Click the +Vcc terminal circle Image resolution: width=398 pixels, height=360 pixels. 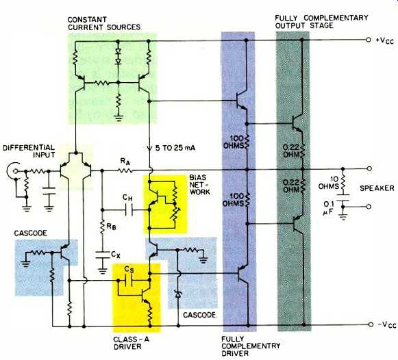click(x=369, y=40)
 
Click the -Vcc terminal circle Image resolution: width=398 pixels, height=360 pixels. click(x=371, y=324)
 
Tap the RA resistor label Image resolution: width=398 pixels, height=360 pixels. click(x=125, y=162)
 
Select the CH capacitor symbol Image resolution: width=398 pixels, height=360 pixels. click(x=129, y=210)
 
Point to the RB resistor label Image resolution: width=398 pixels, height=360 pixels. click(x=111, y=227)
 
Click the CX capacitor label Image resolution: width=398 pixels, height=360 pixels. click(x=116, y=255)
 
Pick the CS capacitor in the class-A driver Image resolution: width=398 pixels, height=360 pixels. click(x=129, y=281)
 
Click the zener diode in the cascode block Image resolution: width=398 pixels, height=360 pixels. click(x=178, y=294)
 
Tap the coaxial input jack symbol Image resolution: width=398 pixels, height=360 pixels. click(x=14, y=171)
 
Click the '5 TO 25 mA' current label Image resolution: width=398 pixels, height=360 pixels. click(x=175, y=148)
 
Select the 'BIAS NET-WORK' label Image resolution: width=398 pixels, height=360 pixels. click(x=200, y=185)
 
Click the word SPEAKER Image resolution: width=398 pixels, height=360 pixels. click(x=377, y=188)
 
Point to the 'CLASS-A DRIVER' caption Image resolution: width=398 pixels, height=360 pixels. click(x=131, y=343)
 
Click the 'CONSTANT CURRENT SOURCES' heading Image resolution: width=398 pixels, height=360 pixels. click(x=104, y=23)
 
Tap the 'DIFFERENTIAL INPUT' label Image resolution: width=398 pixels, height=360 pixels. click(x=29, y=151)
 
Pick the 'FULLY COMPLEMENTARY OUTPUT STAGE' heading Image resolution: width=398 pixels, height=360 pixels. click(x=321, y=21)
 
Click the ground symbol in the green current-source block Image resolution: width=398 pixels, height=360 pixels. click(x=119, y=118)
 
